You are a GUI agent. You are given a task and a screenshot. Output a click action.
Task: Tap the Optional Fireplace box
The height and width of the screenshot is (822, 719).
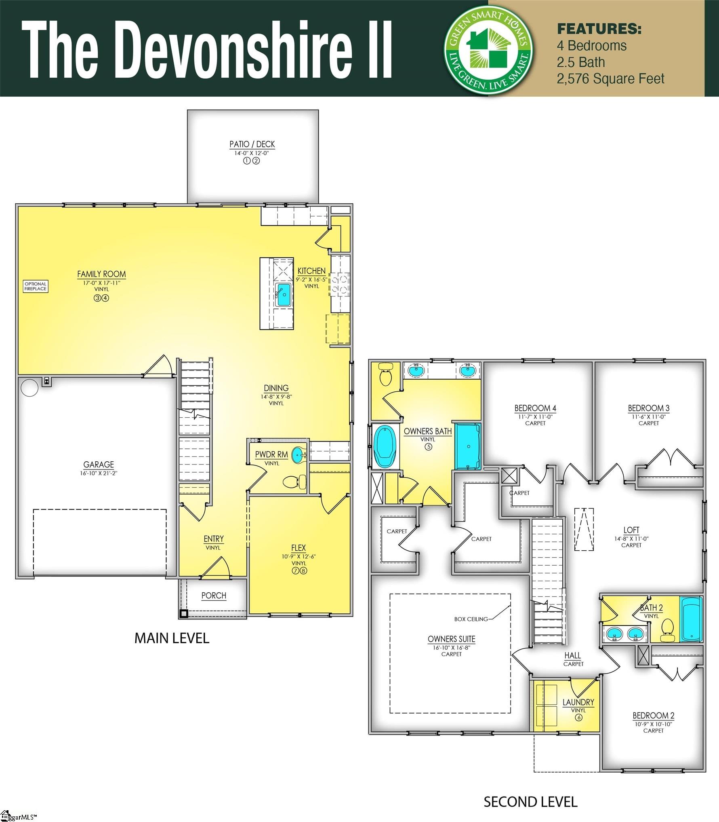tap(36, 286)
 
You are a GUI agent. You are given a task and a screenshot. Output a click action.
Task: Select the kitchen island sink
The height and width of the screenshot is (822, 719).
tap(283, 294)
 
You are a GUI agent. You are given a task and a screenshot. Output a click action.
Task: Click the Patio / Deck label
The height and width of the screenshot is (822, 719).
tap(252, 144)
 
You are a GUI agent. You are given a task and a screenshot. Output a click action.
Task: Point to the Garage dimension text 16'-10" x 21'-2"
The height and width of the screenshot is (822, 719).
tap(99, 473)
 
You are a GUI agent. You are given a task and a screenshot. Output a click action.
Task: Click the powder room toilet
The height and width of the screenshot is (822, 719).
tap(295, 482)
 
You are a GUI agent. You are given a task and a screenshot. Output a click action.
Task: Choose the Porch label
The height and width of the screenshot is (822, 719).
tap(214, 596)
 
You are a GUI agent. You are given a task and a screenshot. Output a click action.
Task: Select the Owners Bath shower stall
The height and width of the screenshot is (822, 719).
tap(468, 446)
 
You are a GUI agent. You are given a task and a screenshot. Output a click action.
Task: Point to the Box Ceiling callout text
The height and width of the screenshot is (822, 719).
tap(471, 619)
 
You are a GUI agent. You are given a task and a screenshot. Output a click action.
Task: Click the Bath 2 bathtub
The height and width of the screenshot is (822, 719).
tap(691, 619)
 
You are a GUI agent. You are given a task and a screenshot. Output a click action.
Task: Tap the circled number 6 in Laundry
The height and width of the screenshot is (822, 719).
tap(578, 718)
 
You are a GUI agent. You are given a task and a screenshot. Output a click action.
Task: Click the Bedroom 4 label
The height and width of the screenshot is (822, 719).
tap(535, 408)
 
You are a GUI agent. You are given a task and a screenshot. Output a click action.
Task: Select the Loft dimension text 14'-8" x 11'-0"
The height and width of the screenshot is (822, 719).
tap(631, 539)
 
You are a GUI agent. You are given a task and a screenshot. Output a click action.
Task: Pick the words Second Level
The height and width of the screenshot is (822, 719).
tap(530, 801)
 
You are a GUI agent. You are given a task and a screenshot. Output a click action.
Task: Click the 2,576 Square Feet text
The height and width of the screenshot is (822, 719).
tap(610, 79)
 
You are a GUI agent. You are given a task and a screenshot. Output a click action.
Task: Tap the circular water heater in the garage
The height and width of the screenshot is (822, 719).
tap(29, 387)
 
